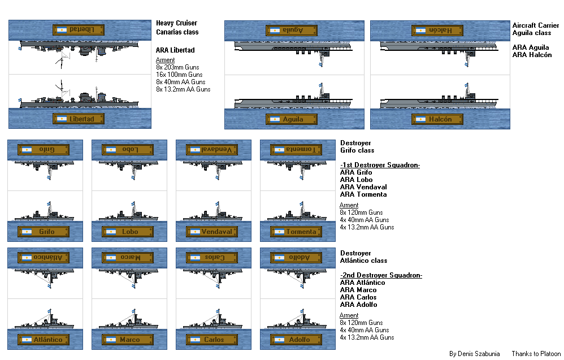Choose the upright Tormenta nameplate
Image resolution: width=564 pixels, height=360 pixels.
click(297, 232)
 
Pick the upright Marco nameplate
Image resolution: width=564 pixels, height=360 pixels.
click(128, 340)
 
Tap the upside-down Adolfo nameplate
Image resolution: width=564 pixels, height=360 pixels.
click(297, 258)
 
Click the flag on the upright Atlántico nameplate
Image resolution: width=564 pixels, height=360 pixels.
click(27, 340)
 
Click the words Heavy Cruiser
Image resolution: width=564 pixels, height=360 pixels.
click(177, 23)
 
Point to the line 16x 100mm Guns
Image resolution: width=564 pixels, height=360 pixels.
click(180, 75)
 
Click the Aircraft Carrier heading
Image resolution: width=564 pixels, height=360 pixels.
click(535, 25)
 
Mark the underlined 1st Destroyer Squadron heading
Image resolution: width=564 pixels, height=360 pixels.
click(380, 165)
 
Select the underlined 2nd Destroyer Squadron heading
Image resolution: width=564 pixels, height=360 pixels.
click(381, 275)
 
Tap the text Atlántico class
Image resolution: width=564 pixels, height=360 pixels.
click(363, 261)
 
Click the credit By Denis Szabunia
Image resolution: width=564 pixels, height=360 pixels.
click(474, 354)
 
